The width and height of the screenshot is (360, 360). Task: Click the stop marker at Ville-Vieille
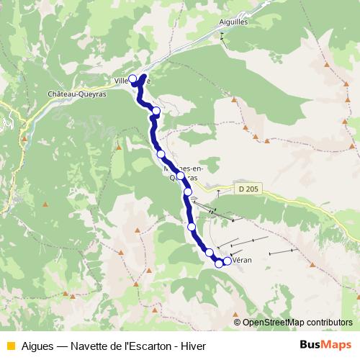tap(132, 80)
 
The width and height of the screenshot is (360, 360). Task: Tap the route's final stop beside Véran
tap(228, 261)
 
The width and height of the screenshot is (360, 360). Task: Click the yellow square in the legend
tap(10, 345)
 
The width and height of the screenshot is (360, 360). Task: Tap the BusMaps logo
tap(321, 344)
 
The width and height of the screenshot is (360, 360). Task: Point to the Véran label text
tap(240, 263)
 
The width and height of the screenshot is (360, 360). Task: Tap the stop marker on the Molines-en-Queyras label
tap(181, 176)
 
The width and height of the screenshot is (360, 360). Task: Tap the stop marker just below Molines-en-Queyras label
tap(188, 192)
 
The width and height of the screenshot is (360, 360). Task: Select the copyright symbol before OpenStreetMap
tap(237, 323)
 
